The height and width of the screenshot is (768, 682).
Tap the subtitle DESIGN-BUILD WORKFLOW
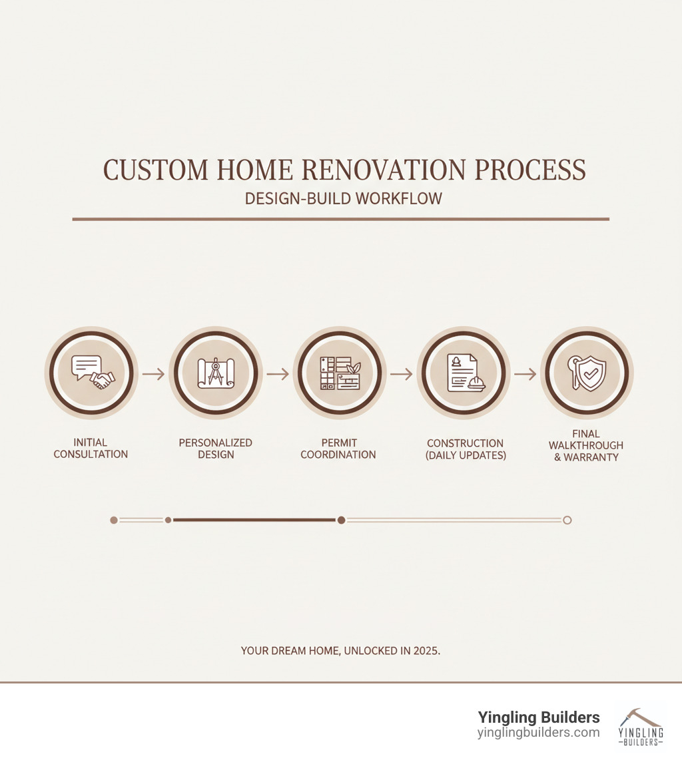[x=343, y=198]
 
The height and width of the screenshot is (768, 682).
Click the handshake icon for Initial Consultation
[x=102, y=379]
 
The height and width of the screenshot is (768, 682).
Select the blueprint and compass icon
[x=216, y=373]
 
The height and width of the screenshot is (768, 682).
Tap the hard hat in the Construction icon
[x=476, y=383]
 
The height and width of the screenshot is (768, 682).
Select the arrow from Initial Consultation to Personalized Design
[x=153, y=374]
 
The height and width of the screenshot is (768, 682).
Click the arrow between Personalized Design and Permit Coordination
[x=278, y=374]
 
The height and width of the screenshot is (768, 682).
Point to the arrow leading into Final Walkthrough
[x=525, y=374]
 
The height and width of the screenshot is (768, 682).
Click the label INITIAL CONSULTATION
[x=91, y=448]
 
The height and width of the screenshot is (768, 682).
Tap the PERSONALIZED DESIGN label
[x=216, y=449]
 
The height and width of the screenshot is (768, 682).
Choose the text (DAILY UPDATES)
[x=466, y=455]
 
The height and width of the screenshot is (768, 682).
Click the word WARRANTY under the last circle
[x=591, y=457]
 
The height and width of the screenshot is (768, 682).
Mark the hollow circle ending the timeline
[x=567, y=520]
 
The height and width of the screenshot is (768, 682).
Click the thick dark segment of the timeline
[x=254, y=520]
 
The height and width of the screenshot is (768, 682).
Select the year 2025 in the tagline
[x=426, y=651]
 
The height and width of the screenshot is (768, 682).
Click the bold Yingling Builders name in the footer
[x=539, y=717]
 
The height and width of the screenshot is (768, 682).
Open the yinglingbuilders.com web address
[x=538, y=733]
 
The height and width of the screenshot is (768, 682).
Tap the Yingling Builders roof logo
[x=640, y=727]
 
